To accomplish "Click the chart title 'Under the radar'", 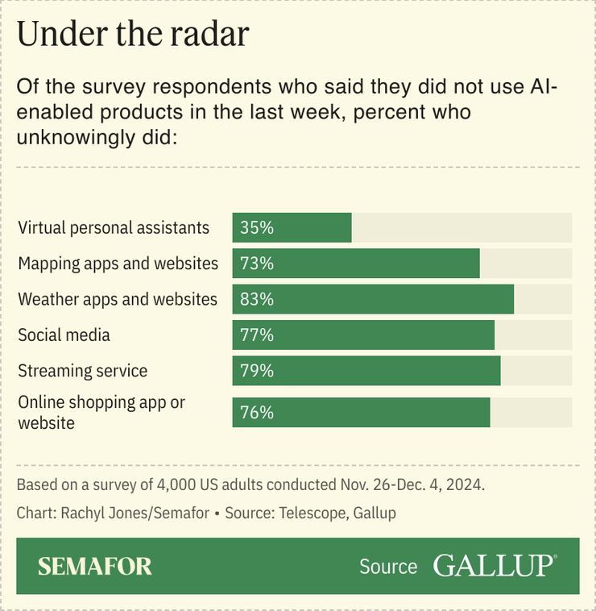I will point(133,35).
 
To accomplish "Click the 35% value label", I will point(257,228).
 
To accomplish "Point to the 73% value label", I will point(257,264).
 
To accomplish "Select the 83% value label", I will point(257,299).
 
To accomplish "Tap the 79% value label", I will point(257,371).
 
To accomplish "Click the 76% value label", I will point(257,413).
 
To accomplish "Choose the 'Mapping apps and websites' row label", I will point(118,264).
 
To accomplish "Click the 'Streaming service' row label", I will point(83,371).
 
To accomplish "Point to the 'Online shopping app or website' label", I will point(101,412).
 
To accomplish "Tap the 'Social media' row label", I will point(64,335).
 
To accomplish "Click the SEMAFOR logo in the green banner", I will point(95,566).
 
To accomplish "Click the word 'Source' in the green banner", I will point(388,567).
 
